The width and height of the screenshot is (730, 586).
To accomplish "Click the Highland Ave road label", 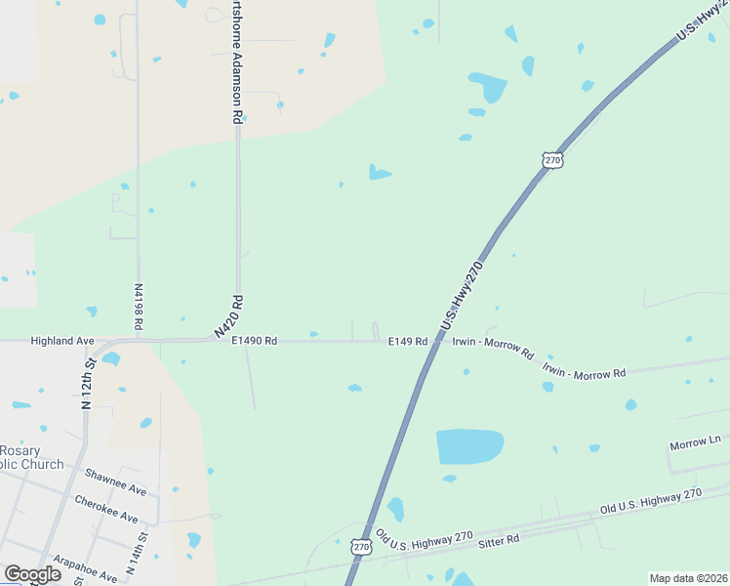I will [62, 341].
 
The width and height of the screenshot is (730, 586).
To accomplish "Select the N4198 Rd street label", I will [138, 305].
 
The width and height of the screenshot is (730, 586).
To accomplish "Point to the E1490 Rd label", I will [255, 341].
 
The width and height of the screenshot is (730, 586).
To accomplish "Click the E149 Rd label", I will [408, 341].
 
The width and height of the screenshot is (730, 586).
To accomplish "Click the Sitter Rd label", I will [499, 538].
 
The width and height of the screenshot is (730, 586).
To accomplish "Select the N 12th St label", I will [88, 384].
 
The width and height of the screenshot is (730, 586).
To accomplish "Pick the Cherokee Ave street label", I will [107, 509].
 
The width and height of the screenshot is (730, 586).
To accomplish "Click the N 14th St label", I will [136, 552].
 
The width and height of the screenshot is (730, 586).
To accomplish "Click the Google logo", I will [32, 574].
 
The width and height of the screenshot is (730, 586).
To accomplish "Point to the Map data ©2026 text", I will [688, 578].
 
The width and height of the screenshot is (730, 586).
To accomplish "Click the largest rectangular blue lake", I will [469, 446].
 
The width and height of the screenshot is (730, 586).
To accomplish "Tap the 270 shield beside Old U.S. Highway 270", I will [361, 549].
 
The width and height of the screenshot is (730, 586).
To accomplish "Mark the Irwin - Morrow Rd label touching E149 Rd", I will [493, 346].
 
